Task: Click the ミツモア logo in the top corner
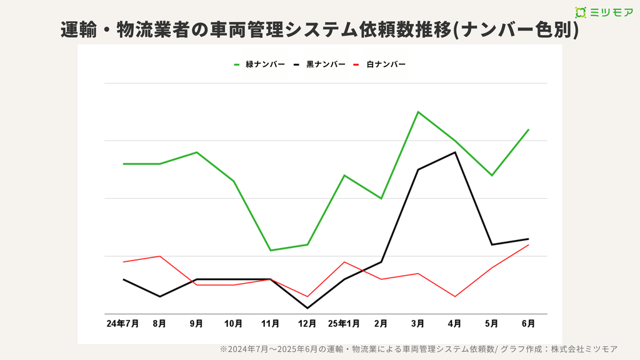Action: (603, 12)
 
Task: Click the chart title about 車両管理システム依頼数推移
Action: (319, 30)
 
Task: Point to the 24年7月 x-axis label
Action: (122, 324)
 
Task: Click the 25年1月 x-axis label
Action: (344, 324)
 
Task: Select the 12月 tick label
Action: (307, 324)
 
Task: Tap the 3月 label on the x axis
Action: (417, 324)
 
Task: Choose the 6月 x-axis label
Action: (528, 324)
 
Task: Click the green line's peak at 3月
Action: (417, 112)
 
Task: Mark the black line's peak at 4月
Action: (454, 152)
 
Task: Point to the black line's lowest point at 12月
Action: (307, 308)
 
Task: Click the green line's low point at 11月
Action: (270, 251)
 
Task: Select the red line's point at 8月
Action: (160, 256)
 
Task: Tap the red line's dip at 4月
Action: (454, 296)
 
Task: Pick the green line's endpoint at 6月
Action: (529, 129)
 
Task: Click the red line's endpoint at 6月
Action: (529, 244)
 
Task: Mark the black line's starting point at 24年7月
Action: (124, 279)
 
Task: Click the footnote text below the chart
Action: (418, 349)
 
